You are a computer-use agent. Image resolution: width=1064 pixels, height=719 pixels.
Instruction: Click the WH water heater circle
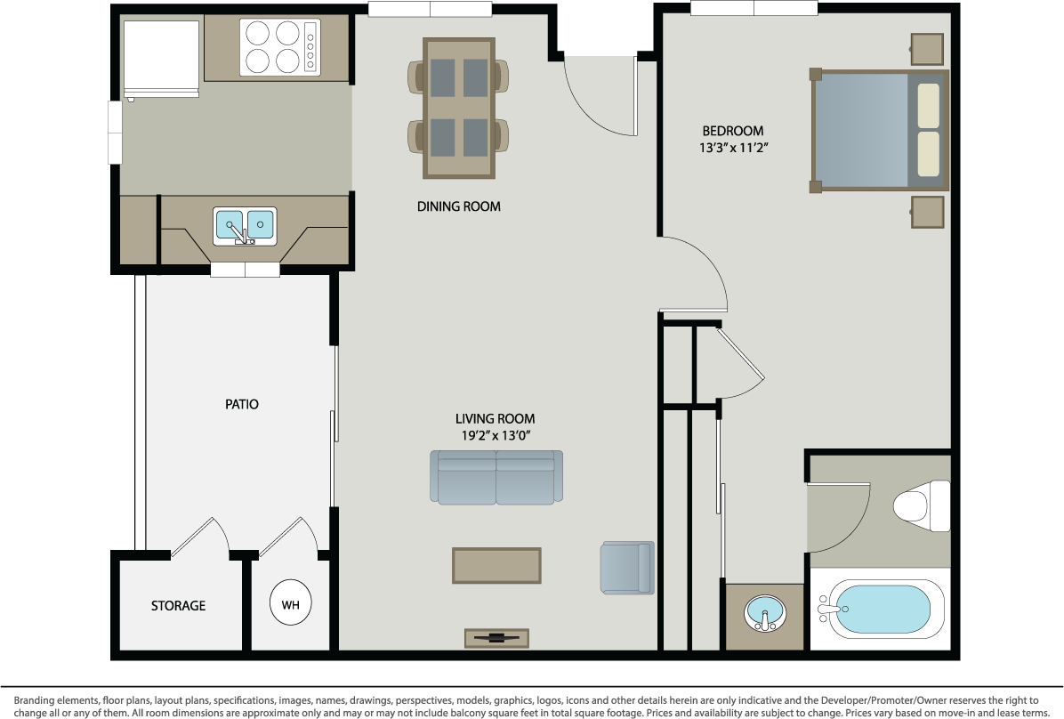[x=290, y=603]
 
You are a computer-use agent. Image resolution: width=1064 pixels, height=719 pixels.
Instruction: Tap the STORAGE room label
[x=178, y=606]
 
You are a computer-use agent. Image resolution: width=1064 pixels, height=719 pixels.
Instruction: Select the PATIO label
[x=242, y=404]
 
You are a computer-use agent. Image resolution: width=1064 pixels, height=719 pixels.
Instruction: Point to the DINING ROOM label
[x=459, y=206]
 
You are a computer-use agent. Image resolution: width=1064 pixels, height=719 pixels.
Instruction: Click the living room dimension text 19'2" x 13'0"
[x=496, y=436]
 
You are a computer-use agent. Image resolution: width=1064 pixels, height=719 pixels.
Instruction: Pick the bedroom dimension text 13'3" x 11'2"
[x=734, y=148]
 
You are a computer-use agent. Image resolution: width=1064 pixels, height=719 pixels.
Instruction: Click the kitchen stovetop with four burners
[x=279, y=47]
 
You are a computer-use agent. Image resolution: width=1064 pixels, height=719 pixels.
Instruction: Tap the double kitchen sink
[x=245, y=226]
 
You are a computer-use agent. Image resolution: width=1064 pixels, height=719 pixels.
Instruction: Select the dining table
[x=459, y=109]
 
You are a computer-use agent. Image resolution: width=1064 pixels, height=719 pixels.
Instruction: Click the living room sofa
[x=496, y=477]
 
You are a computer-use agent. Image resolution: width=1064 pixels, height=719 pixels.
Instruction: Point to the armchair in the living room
[x=628, y=568]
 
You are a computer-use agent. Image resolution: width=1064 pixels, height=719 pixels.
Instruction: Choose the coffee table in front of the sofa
[x=496, y=566]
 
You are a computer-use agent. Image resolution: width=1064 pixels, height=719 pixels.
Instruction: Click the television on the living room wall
[x=496, y=638]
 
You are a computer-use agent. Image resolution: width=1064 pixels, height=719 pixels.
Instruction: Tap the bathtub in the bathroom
[x=880, y=609]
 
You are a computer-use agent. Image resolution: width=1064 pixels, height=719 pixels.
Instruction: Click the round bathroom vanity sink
[x=765, y=614]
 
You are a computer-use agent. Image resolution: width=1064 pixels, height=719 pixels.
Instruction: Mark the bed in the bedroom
[x=880, y=130]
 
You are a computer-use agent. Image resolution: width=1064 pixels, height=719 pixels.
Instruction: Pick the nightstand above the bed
[x=927, y=49]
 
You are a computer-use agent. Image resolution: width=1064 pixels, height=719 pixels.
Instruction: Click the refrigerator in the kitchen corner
[x=161, y=59]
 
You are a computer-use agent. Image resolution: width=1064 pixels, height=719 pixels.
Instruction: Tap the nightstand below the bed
[x=927, y=212]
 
